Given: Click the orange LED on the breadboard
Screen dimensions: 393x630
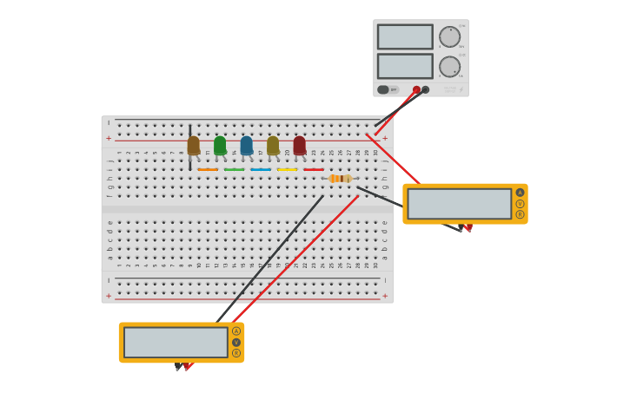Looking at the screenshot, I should [193, 146].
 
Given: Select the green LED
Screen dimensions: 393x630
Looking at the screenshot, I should [220, 146].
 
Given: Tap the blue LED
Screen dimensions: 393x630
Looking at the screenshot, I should [247, 146].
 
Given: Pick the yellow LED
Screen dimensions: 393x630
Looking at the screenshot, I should [273, 146].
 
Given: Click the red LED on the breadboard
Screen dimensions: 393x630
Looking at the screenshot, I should [300, 146].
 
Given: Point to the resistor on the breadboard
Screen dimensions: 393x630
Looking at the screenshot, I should [340, 179].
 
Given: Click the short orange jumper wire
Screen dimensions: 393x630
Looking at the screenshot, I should [208, 169].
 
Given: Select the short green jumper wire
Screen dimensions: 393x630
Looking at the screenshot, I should [234, 169].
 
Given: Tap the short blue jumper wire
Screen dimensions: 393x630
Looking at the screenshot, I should [261, 169].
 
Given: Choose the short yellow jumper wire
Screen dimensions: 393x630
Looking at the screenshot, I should [287, 169].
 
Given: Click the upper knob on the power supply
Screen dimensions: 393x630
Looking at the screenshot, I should [449, 36].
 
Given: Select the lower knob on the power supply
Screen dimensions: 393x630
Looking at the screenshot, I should [449, 67].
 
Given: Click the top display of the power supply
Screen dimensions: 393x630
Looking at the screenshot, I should [405, 36].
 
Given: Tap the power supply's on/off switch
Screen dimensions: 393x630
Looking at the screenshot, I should [383, 89].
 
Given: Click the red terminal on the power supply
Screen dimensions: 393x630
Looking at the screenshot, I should [416, 89].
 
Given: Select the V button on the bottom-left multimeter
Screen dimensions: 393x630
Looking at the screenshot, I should [236, 342].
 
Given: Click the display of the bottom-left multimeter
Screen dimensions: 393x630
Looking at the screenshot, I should [176, 342].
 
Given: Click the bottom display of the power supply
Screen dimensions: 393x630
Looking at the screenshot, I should [405, 67].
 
